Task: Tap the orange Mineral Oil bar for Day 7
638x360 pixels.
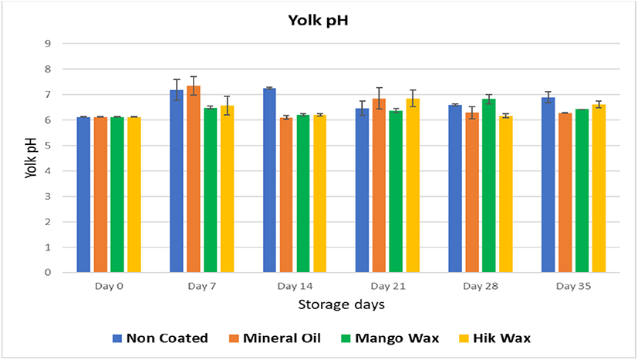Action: (x=193, y=179)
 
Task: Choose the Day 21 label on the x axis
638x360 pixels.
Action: (x=387, y=287)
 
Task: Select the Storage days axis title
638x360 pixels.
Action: (x=341, y=304)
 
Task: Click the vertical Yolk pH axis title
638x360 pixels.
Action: (x=29, y=159)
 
